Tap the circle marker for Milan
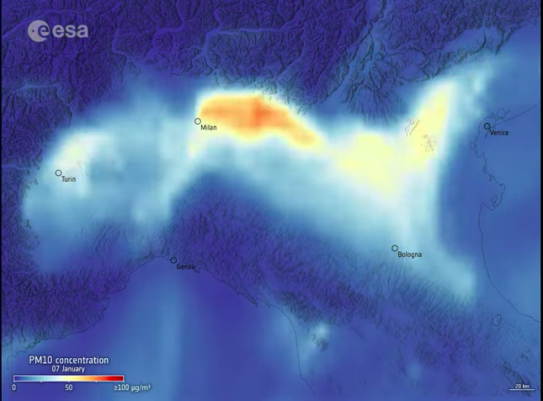point(198,121)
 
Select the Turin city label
point(69,179)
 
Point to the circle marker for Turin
point(59,173)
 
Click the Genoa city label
point(185,267)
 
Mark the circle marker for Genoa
point(174,260)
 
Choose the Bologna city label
point(409,254)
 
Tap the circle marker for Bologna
point(395,248)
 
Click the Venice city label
point(499,132)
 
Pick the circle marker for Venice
point(487,126)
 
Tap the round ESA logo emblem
point(35,31)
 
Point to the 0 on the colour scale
point(14,388)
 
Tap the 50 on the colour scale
point(69,388)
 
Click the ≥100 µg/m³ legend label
point(131,388)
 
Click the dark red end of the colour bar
point(120,378)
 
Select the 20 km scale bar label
point(522,387)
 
